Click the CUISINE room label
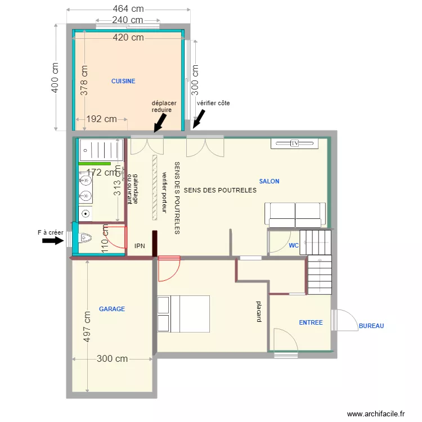(123, 81)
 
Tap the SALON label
(269, 181)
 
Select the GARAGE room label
(112, 309)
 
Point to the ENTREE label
(311, 322)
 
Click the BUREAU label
(371, 326)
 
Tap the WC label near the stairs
(293, 245)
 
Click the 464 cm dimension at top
(128, 9)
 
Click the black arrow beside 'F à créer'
(53, 241)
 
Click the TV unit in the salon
(294, 143)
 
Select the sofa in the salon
(295, 214)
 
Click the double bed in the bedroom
(183, 313)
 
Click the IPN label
(140, 246)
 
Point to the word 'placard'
(259, 312)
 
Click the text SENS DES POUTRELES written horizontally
(220, 190)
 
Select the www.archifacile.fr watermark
(376, 414)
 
